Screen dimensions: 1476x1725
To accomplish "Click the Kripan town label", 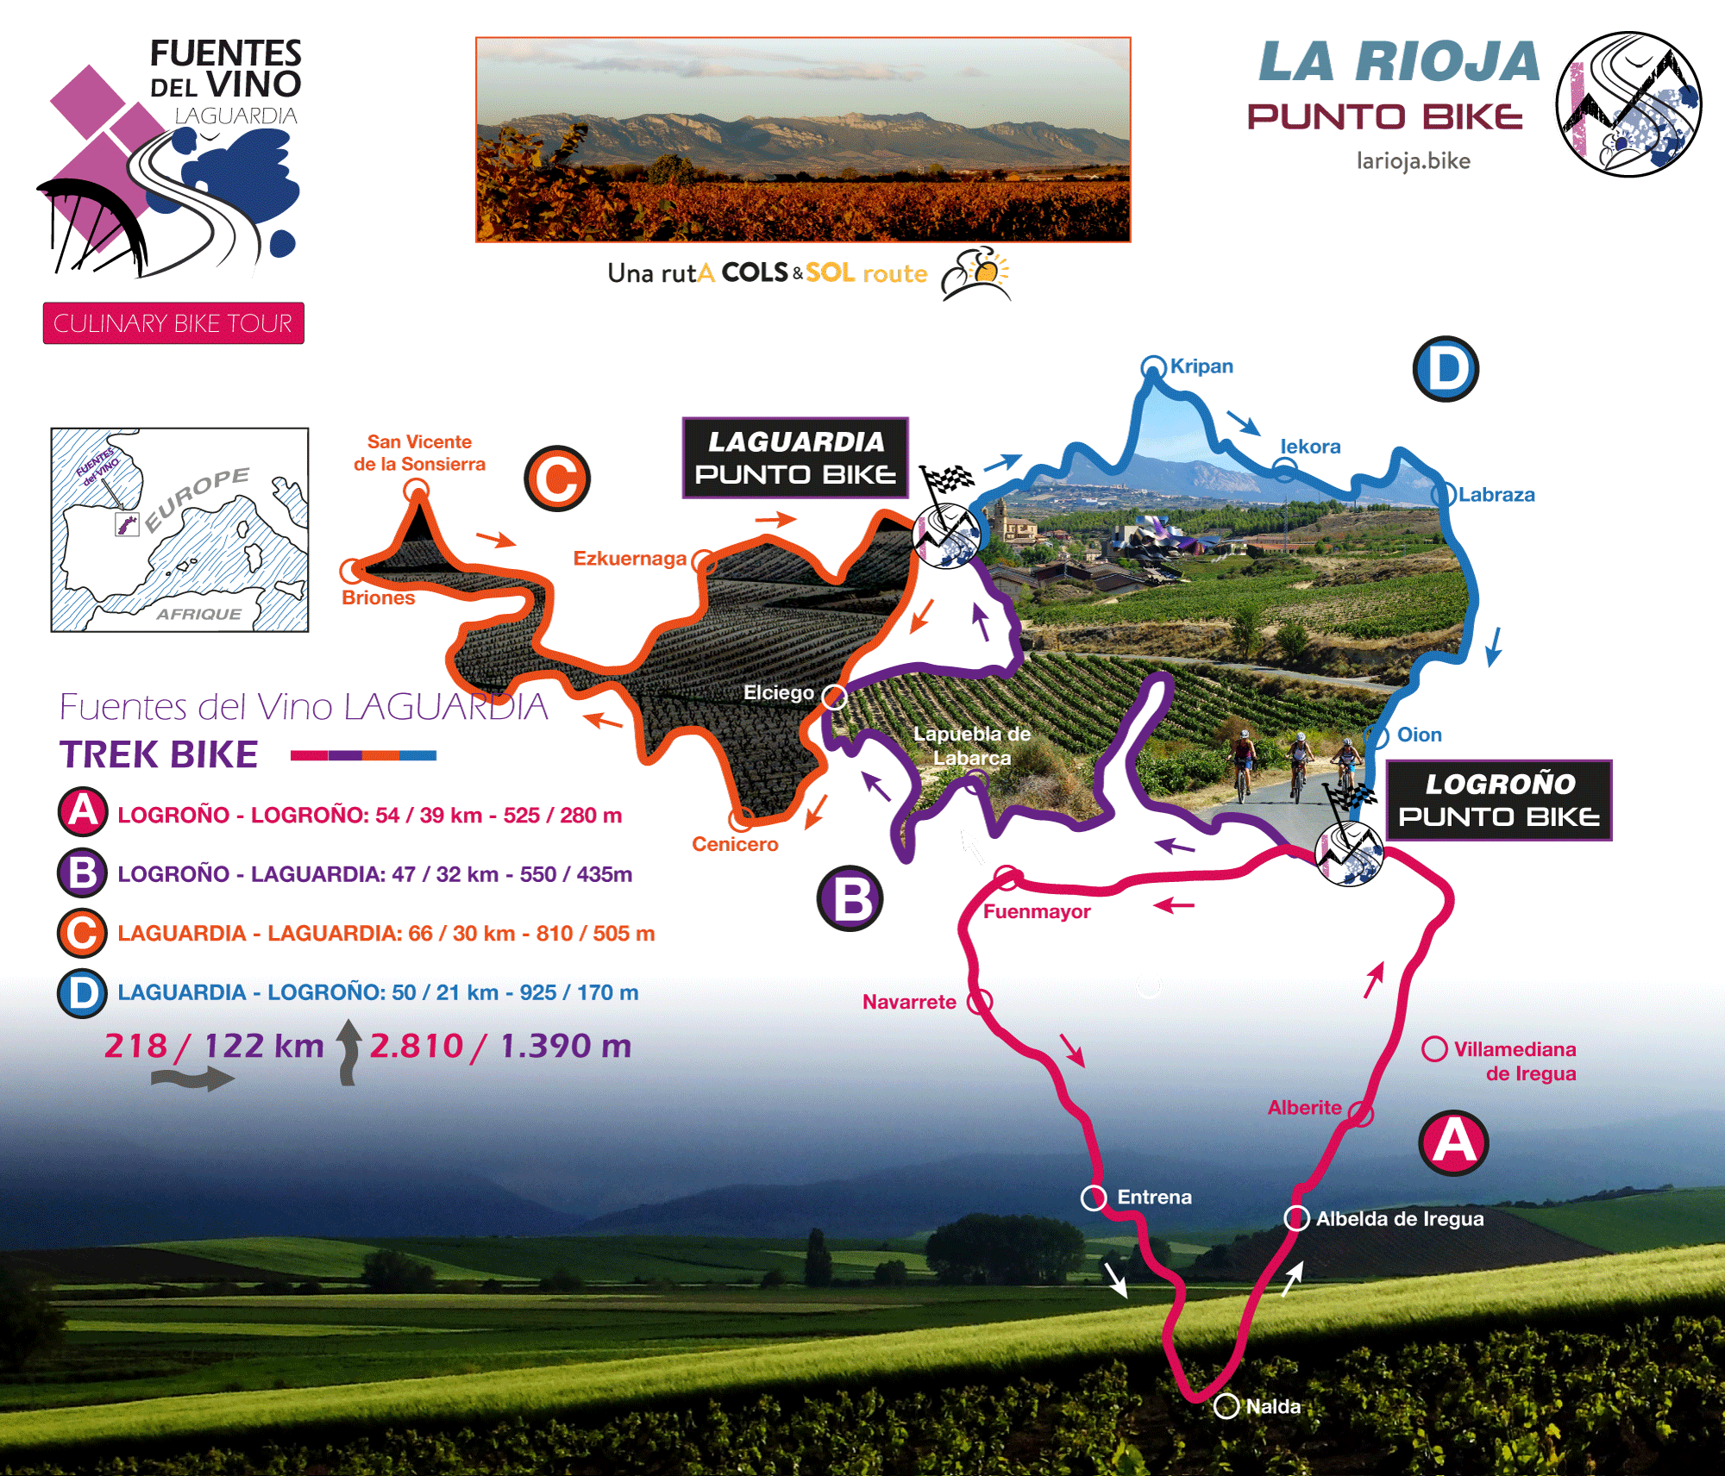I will (1201, 366).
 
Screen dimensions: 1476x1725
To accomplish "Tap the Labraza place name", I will (1496, 495).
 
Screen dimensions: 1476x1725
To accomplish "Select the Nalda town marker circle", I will (1226, 1406).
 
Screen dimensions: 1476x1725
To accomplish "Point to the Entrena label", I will (1154, 1197).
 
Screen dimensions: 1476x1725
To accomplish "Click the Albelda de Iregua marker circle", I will (1296, 1218).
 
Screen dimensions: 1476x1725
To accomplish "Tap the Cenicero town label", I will (735, 844).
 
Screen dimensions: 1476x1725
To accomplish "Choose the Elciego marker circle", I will (834, 697).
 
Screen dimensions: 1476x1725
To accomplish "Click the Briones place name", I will (378, 597).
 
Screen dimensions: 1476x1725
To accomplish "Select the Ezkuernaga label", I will (630, 559).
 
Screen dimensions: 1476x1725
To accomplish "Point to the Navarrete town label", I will (909, 1002).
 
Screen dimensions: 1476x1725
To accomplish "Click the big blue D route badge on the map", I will (1446, 369).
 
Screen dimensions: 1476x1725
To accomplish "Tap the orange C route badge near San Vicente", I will (557, 478).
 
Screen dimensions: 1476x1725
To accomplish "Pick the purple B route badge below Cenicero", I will (850, 898).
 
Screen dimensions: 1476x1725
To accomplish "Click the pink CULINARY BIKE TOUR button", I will (173, 323).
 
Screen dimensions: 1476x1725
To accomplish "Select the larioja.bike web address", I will (1413, 161).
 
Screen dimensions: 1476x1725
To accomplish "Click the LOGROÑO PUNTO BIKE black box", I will (1499, 800).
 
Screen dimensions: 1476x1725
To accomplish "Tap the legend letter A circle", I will (83, 812).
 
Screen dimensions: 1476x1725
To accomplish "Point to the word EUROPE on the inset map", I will (198, 499).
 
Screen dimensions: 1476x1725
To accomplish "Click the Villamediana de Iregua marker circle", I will (1434, 1049).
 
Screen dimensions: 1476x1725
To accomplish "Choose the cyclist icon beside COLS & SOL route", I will (975, 274).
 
